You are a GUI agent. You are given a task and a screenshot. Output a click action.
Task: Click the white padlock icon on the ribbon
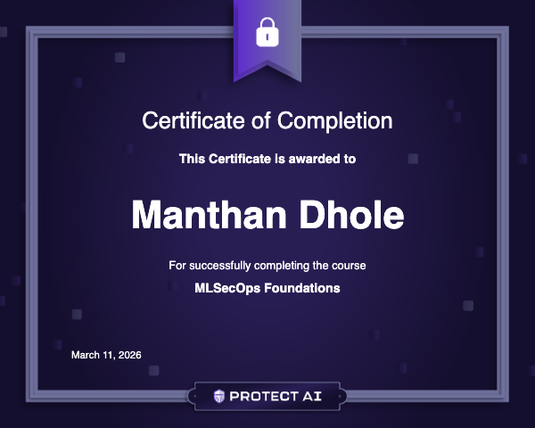[267, 33]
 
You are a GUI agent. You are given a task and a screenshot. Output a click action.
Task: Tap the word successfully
[221, 266]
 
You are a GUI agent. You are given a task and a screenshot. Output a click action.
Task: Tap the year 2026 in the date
[128, 356]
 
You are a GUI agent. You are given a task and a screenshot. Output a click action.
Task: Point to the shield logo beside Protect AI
[219, 395]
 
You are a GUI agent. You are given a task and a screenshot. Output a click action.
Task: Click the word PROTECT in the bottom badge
[263, 395]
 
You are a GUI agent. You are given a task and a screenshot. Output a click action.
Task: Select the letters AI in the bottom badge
[312, 395]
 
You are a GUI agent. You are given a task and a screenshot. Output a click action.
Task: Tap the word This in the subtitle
[192, 160]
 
